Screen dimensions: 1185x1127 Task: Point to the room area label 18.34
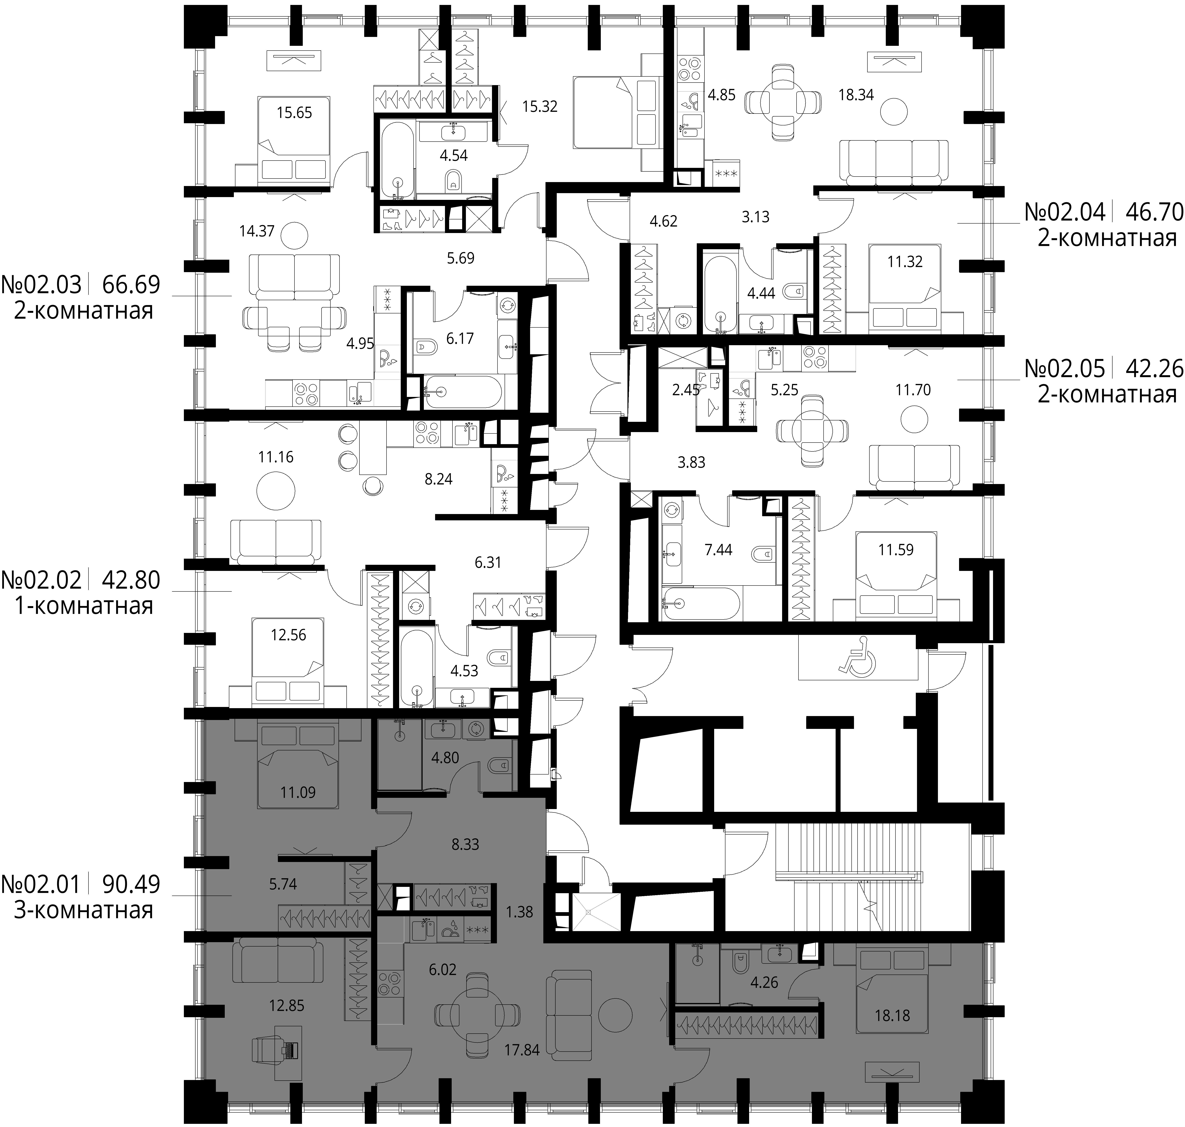pyautogui.click(x=856, y=94)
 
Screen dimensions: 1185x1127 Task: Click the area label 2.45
pyautogui.click(x=686, y=390)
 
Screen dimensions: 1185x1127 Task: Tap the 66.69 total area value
pyautogui.click(x=131, y=284)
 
